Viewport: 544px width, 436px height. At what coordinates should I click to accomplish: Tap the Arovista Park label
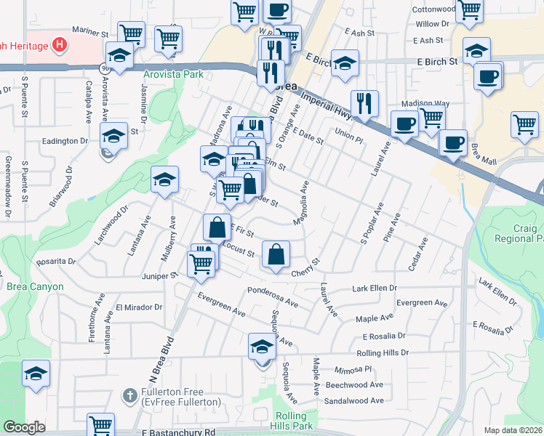[x=173, y=74]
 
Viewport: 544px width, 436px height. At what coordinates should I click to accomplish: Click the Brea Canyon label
[x=36, y=286]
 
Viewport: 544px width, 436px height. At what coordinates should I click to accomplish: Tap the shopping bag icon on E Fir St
[x=217, y=228]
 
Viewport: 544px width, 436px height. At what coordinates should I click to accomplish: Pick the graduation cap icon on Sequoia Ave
[x=262, y=347]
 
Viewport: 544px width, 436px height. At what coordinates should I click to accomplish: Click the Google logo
[x=25, y=427]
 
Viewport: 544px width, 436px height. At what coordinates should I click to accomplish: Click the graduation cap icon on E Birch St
[x=345, y=62]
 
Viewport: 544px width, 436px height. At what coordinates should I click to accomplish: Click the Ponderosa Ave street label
[x=273, y=291]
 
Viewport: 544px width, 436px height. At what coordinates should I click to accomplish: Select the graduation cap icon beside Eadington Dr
[x=114, y=136]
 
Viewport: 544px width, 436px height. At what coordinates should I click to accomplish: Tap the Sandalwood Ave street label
[x=354, y=400]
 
